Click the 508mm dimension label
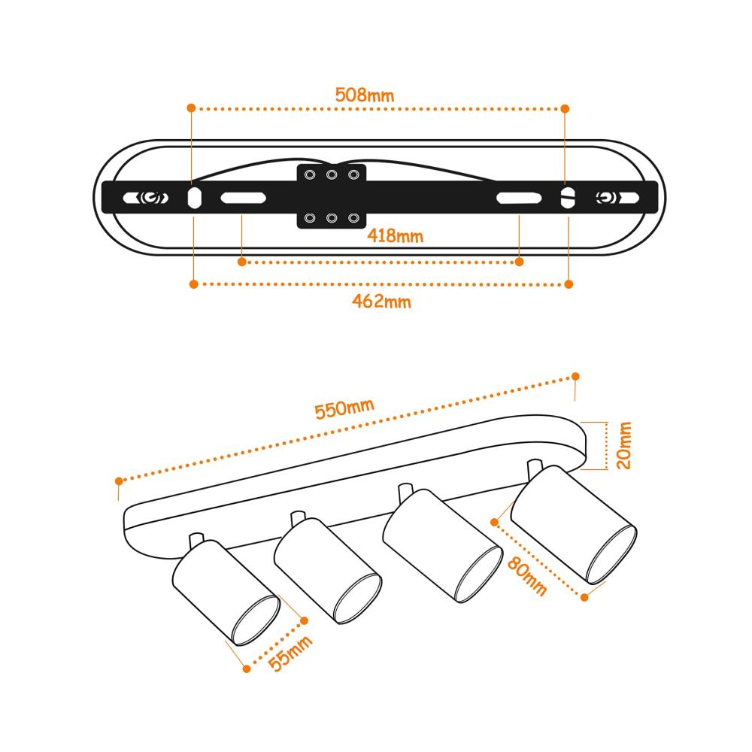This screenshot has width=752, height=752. click(x=365, y=95)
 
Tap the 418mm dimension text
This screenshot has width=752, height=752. click(x=396, y=235)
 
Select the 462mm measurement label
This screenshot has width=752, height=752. click(x=381, y=302)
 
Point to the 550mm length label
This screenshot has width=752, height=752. click(x=344, y=408)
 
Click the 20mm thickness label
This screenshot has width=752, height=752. click(x=623, y=445)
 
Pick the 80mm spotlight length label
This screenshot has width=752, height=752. click(x=526, y=575)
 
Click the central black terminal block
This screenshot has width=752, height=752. click(x=332, y=196)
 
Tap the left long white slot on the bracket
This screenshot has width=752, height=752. click(x=243, y=198)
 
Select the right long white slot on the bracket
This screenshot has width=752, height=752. click(x=519, y=198)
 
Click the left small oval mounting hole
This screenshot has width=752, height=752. click(x=194, y=198)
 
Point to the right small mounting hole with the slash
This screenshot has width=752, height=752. click(x=568, y=198)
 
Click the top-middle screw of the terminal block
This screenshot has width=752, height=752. click(x=332, y=174)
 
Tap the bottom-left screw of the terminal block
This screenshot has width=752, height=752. click(x=310, y=218)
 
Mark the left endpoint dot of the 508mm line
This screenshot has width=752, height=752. click(x=191, y=108)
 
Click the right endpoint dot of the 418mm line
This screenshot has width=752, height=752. click(x=519, y=262)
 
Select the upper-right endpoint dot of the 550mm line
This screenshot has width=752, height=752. click(x=575, y=377)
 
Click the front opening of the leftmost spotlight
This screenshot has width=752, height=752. click(x=256, y=620)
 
